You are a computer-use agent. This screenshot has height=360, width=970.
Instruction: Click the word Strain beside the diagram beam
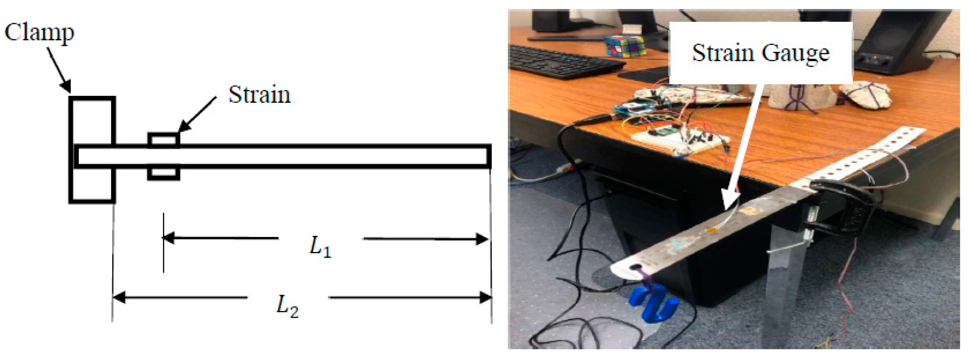pos(260,94)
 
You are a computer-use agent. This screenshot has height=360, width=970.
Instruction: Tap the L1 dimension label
pos(320,247)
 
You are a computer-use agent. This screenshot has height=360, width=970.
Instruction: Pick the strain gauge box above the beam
pos(163,139)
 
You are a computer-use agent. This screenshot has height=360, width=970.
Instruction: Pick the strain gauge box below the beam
pos(163,174)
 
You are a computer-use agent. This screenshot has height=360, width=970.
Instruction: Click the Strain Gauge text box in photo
pos(760,53)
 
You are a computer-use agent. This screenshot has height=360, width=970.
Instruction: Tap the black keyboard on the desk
pos(561,62)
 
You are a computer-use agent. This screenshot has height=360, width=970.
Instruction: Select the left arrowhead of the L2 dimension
pos(119,298)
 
